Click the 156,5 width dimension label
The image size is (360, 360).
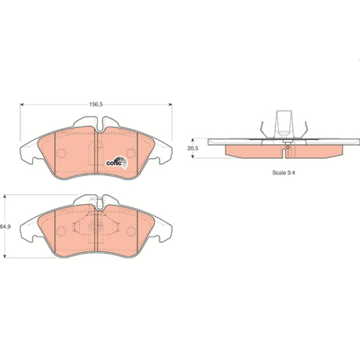tap(96, 104)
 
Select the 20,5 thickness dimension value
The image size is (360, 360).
tap(193, 148)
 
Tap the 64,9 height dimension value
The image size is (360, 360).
tap(6, 227)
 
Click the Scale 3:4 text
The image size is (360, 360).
tap(284, 172)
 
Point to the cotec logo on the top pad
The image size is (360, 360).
tap(116, 162)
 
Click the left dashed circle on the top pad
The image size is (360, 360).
tap(61, 153)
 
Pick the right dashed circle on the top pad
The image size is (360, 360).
tap(131, 153)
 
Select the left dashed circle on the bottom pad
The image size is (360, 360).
tap(61, 232)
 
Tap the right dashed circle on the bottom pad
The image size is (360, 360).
tap(131, 232)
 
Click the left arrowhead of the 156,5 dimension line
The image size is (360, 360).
tap(22, 104)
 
